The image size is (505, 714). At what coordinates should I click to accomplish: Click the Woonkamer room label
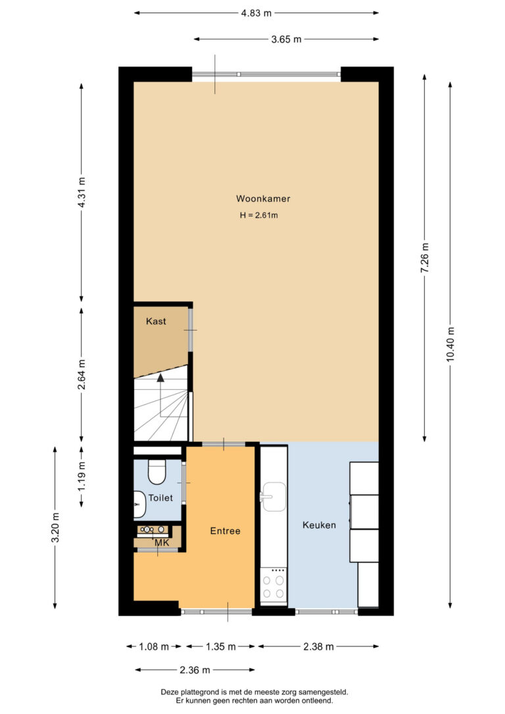[263, 199]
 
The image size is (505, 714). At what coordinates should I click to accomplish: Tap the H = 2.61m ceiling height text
[258, 216]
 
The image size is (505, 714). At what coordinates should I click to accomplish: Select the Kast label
[156, 321]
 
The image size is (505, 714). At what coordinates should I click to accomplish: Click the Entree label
[225, 531]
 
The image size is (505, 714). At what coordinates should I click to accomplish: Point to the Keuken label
[319, 525]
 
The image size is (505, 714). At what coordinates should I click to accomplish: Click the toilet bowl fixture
[157, 472]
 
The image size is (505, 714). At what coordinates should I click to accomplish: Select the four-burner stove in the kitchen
[274, 586]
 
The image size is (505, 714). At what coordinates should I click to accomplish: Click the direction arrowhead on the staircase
[160, 377]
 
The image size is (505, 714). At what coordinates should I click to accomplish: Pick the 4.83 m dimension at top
[256, 13]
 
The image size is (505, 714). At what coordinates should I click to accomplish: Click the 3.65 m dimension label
[286, 39]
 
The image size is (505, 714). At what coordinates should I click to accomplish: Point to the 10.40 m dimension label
[450, 345]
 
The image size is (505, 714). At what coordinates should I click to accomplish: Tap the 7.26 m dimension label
[425, 258]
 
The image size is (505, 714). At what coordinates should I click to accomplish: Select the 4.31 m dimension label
[82, 192]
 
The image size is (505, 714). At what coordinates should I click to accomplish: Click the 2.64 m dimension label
[82, 375]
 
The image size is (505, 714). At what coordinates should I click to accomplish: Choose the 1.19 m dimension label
[82, 476]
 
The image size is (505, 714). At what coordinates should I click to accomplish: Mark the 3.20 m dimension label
[55, 528]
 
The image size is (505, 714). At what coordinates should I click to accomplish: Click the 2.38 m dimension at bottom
[318, 646]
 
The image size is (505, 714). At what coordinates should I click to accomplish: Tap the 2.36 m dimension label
[195, 670]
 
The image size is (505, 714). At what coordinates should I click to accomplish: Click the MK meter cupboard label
[162, 543]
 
